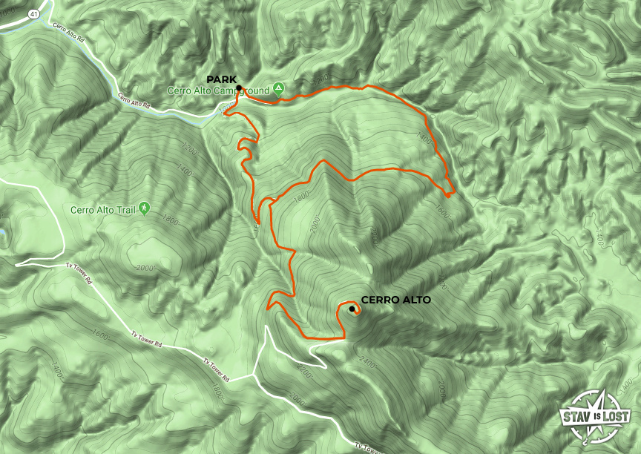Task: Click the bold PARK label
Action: (221, 79)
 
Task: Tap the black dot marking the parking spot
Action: (240, 88)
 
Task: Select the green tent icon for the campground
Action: (278, 89)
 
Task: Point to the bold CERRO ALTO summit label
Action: (395, 300)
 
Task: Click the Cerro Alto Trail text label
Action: (103, 209)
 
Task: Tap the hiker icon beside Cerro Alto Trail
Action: (143, 208)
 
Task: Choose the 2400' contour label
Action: (367, 363)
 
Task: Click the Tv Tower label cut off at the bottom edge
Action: (369, 448)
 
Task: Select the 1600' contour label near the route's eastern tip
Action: (443, 212)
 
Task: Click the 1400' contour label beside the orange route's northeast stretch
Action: (424, 137)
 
